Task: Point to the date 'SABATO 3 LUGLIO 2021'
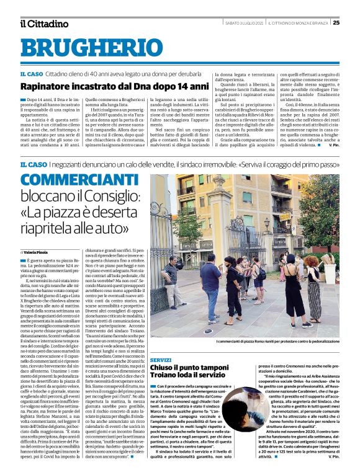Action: [243, 23]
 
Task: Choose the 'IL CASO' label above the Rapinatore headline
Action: [30, 74]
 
